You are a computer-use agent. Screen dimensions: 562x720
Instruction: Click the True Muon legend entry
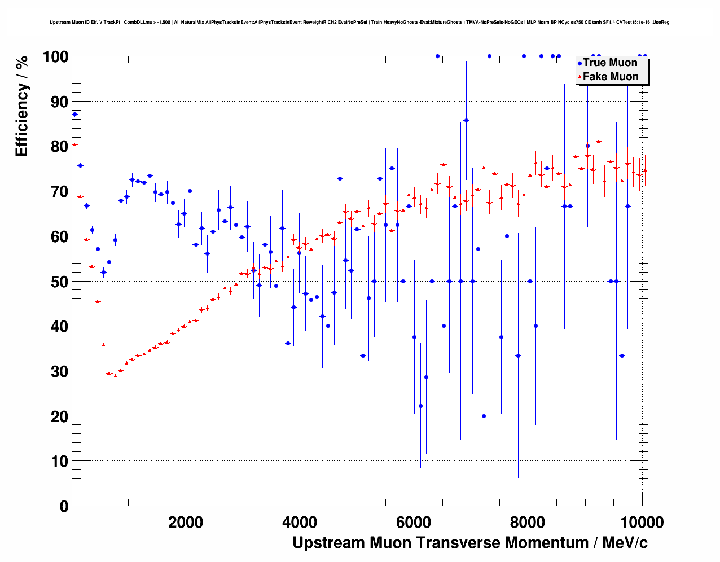609,63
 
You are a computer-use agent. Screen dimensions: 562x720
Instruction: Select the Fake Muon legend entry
610,77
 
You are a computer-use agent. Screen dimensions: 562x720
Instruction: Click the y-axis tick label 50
59,282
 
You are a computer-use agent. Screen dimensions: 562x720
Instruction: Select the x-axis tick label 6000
414,522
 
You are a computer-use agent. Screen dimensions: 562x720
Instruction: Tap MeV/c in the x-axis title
625,543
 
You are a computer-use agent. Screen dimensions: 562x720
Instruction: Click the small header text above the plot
359,23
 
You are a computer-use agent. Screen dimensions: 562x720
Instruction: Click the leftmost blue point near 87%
74,114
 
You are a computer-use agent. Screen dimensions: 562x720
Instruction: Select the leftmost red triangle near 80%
74,145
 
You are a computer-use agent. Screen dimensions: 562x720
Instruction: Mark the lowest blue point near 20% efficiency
484,416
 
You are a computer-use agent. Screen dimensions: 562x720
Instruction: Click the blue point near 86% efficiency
466,120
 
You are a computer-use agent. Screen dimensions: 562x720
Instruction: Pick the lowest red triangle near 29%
115,376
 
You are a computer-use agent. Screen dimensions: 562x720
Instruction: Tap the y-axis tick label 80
59,147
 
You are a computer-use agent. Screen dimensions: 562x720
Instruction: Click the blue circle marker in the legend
579,63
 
